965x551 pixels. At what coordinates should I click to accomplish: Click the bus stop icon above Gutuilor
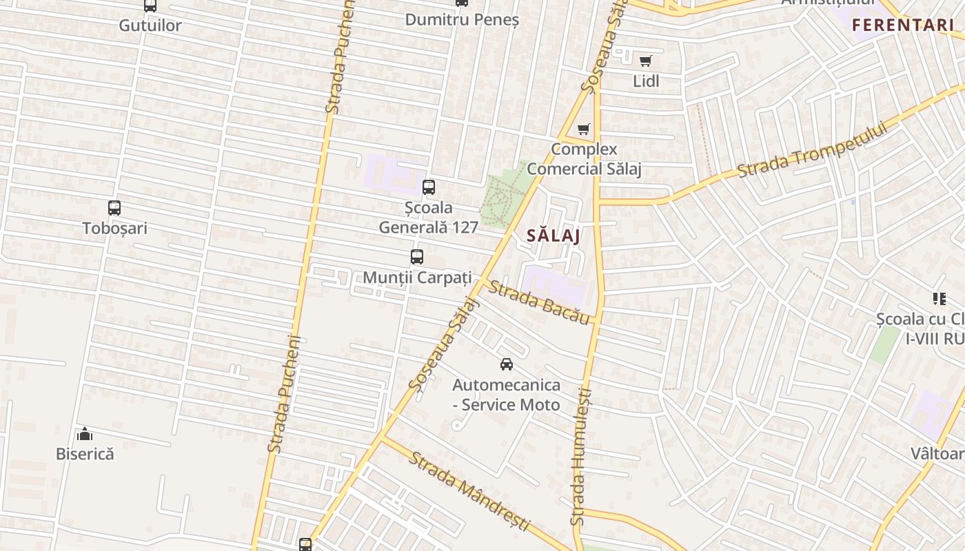tap(150, 6)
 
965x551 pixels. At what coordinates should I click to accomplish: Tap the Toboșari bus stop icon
tap(114, 207)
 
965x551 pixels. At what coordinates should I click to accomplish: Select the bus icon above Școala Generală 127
tap(429, 187)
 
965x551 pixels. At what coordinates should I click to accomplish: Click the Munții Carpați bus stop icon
tap(417, 257)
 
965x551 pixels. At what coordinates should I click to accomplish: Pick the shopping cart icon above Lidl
tap(645, 61)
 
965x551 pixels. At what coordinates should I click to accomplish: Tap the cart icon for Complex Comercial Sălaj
tap(584, 129)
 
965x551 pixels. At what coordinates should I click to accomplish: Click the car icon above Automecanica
tap(507, 364)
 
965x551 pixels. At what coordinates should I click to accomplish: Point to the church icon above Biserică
tap(85, 434)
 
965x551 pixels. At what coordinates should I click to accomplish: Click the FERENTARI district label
tap(902, 25)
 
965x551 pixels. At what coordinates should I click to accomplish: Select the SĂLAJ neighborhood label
tap(553, 235)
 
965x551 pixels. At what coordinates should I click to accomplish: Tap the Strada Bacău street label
tap(539, 302)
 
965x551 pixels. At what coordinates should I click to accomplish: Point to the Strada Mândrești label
tap(469, 490)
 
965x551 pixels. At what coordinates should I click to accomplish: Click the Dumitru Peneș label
tap(461, 19)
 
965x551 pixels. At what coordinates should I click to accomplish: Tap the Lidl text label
tap(646, 81)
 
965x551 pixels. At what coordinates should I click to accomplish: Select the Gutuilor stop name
tap(150, 25)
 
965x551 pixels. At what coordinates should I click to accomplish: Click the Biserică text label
tap(85, 454)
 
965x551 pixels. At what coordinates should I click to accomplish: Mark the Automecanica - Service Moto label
tap(507, 395)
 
